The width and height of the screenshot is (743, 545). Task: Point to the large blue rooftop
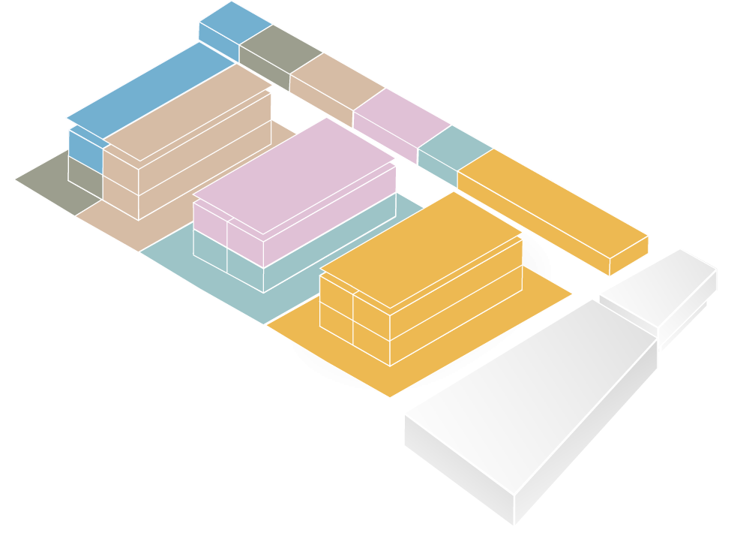[150, 90]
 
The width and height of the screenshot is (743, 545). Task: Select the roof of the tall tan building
[187, 113]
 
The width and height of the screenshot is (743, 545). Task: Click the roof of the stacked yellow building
[420, 248]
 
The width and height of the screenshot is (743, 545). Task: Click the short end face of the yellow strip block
[628, 255]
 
